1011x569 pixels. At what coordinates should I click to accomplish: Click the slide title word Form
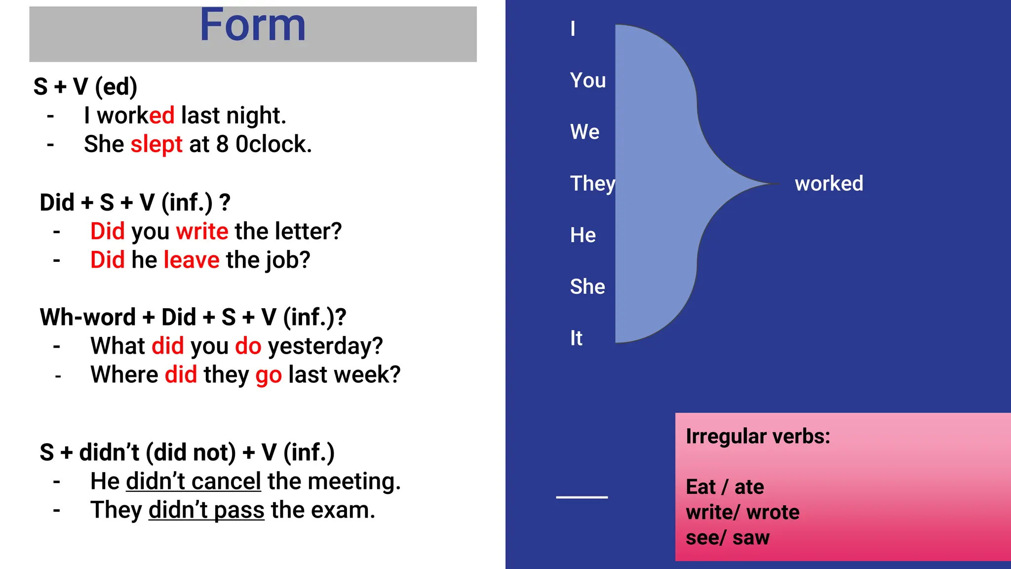click(x=252, y=26)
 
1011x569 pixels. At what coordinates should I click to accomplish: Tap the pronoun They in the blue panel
click(x=592, y=184)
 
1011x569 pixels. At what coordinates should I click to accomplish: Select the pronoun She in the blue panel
click(x=587, y=286)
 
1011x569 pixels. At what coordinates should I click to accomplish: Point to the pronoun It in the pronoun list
click(x=576, y=338)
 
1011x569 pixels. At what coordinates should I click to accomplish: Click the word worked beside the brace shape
click(x=828, y=184)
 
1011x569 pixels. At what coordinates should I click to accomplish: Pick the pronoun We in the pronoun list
click(x=584, y=132)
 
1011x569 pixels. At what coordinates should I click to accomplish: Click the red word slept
click(x=156, y=145)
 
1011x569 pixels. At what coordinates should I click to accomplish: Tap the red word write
click(x=202, y=231)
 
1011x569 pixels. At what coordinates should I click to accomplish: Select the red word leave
click(x=191, y=260)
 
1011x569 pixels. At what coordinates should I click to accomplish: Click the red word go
click(x=269, y=375)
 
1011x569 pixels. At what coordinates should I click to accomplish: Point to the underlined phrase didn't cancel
click(x=194, y=482)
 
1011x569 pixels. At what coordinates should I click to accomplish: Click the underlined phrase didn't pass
click(x=206, y=510)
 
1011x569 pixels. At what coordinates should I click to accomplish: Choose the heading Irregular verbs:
click(x=758, y=437)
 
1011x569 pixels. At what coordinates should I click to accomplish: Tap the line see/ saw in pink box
click(x=727, y=538)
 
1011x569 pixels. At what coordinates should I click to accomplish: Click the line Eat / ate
click(x=725, y=487)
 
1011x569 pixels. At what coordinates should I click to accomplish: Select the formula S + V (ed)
click(x=85, y=87)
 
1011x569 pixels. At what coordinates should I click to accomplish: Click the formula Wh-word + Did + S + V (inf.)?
click(x=193, y=317)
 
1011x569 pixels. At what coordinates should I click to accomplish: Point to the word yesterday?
click(x=325, y=346)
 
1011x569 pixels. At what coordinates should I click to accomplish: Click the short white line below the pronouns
click(x=582, y=497)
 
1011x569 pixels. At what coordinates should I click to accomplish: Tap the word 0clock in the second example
click(x=273, y=145)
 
